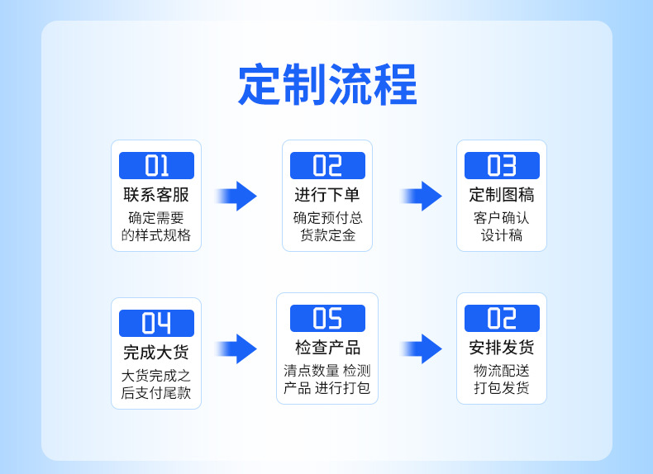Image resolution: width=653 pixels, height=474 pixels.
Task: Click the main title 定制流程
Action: pyautogui.click(x=327, y=85)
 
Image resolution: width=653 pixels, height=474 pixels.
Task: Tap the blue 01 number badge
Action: pyautogui.click(x=156, y=165)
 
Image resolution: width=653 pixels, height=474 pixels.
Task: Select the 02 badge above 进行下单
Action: pyautogui.click(x=327, y=165)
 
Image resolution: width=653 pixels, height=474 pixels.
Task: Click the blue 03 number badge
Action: pyautogui.click(x=502, y=165)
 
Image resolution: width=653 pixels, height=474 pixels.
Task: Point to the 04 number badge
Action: pyautogui.click(x=156, y=323)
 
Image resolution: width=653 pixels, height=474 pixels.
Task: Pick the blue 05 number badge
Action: pyautogui.click(x=327, y=318)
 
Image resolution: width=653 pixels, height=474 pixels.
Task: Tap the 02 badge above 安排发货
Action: pyautogui.click(x=502, y=318)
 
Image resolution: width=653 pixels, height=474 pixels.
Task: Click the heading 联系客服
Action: pyautogui.click(x=156, y=195)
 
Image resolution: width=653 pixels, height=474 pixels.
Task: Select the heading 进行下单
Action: pyautogui.click(x=327, y=195)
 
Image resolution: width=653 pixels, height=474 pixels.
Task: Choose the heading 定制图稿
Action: pyautogui.click(x=502, y=195)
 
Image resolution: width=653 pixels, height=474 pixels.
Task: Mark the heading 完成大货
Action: pyautogui.click(x=156, y=352)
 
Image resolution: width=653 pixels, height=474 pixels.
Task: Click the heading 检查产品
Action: pyautogui.click(x=327, y=347)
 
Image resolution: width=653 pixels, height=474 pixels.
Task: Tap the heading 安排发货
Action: pyautogui.click(x=502, y=347)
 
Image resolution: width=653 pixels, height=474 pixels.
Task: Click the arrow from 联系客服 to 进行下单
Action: pyautogui.click(x=238, y=196)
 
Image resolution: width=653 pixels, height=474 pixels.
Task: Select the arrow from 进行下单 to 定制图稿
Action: pyautogui.click(x=422, y=196)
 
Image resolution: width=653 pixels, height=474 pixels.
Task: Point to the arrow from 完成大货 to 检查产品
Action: pyautogui.click(x=238, y=348)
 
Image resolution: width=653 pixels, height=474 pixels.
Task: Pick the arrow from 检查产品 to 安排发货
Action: pyautogui.click(x=422, y=348)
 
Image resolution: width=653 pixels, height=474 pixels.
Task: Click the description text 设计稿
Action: pyautogui.click(x=502, y=235)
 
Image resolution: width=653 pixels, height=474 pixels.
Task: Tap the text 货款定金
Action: pyautogui.click(x=327, y=235)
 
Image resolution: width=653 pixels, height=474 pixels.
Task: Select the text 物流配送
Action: pyautogui.click(x=502, y=371)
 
